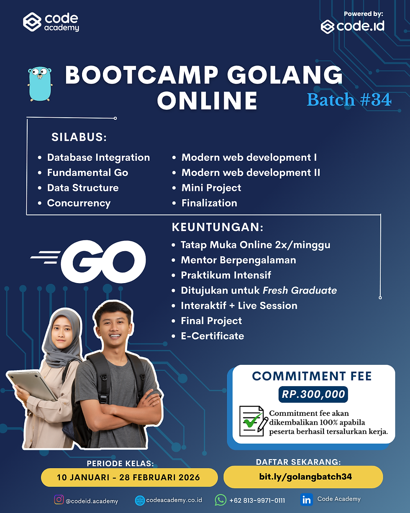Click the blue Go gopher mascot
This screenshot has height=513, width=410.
40,83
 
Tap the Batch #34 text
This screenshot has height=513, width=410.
349,100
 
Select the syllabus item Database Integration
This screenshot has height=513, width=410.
98,157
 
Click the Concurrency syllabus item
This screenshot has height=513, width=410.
79,203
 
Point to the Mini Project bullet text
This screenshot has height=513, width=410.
211,188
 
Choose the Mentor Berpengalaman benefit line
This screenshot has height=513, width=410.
238,260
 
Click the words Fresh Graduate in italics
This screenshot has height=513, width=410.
300,290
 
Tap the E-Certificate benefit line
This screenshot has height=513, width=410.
212,336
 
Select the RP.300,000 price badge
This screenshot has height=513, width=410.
313,394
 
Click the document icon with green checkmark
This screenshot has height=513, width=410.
253,421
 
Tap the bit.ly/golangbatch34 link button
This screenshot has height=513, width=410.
303,477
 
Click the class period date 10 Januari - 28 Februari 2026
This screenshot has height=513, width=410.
129,477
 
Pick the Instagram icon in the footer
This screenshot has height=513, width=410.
59,500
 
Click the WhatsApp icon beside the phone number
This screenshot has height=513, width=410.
220,500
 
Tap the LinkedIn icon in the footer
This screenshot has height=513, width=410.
306,499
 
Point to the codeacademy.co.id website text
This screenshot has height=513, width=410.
174,500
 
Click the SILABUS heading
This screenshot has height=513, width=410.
79,137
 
